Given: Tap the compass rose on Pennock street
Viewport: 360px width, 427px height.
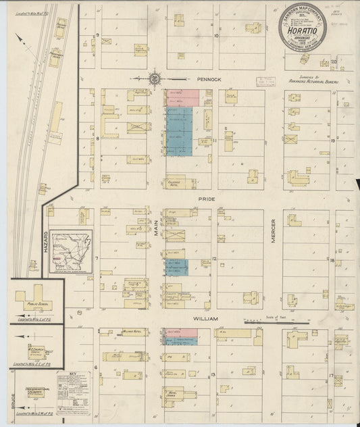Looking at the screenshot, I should (155, 78).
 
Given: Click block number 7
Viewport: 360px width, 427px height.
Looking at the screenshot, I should (97, 259).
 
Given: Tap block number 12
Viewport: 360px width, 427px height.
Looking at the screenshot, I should (213, 259).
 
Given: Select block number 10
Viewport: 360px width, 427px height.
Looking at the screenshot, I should (216, 35).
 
